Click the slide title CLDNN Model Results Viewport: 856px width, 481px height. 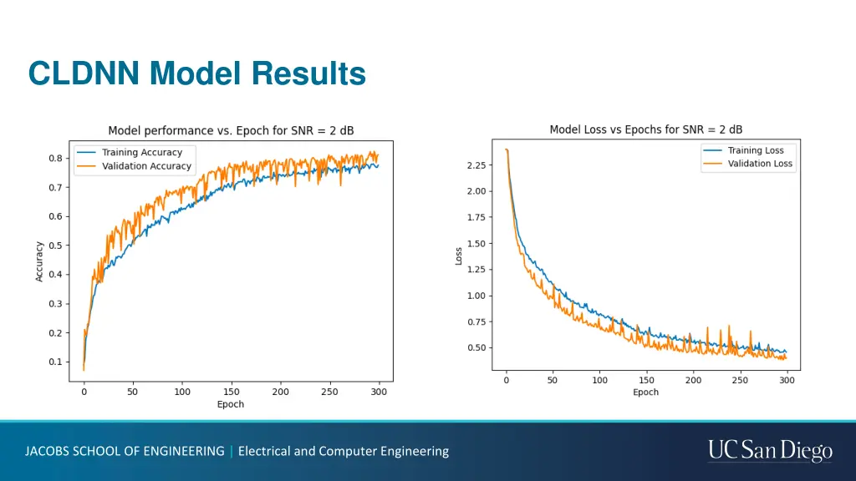196,73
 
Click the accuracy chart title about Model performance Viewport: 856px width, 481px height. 231,131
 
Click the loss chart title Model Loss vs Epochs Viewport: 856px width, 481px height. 645,129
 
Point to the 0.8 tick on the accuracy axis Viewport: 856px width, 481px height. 54,159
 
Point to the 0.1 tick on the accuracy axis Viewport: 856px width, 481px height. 54,362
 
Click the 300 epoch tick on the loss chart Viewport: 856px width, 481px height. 786,380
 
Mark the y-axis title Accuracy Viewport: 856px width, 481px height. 39,261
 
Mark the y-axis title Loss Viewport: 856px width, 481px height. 458,256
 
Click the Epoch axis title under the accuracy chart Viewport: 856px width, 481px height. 231,404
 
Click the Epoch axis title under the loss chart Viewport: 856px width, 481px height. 645,392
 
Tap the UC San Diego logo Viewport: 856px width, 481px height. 770,451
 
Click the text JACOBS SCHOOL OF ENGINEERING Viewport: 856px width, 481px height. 125,451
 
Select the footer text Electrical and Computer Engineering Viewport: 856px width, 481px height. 344,451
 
